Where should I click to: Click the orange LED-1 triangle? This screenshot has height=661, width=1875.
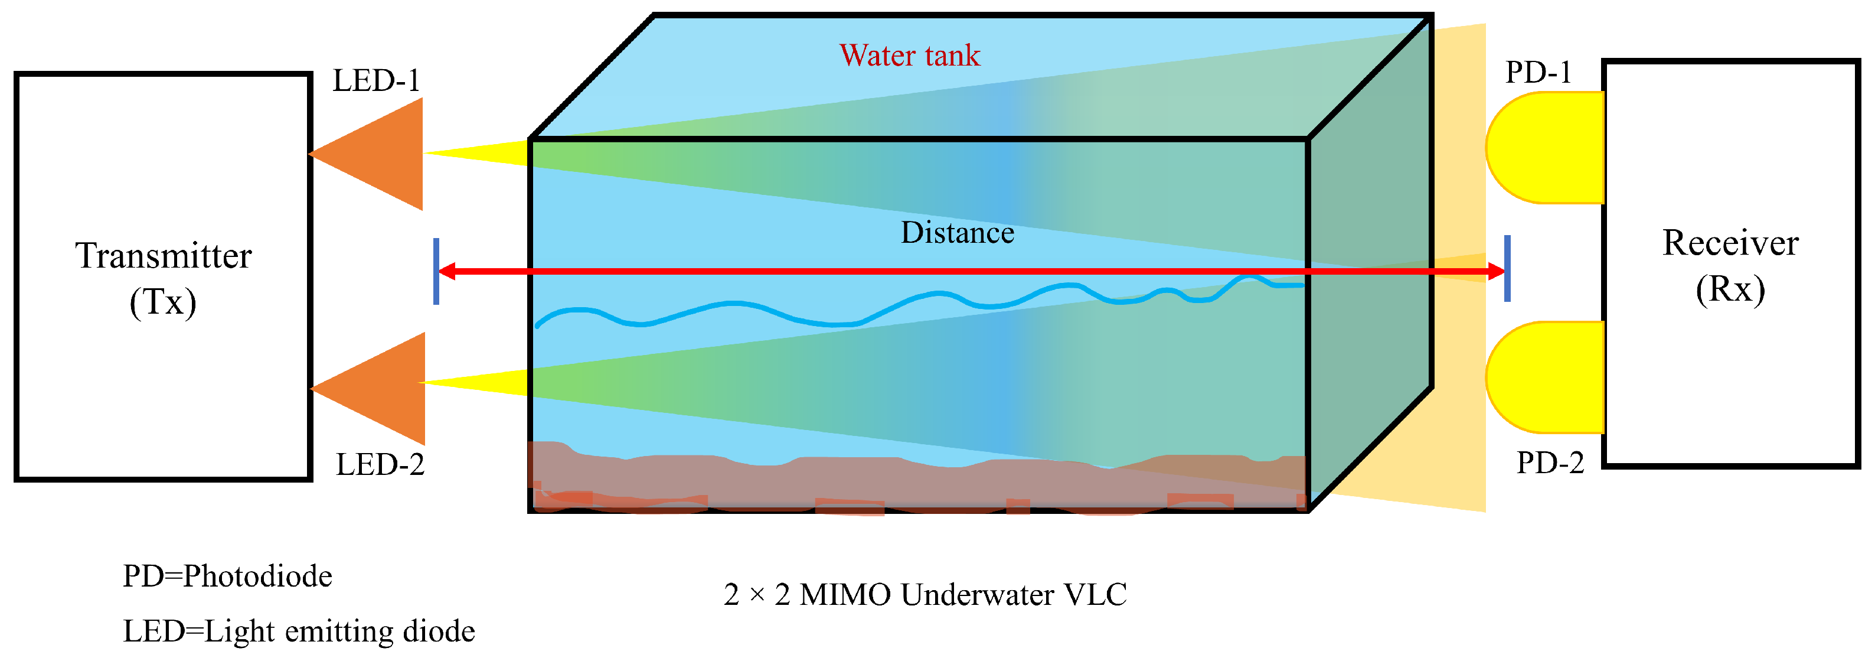382,154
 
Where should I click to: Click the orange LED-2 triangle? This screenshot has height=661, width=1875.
384,389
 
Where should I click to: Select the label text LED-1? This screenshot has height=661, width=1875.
376,81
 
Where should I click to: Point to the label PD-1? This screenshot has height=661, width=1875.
1537,72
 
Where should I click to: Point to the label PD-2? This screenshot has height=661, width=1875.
1550,463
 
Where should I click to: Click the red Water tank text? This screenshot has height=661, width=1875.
909,56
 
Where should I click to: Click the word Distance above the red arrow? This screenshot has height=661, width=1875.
957,233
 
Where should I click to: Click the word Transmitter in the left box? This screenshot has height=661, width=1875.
163,256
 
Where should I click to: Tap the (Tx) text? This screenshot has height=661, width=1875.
163,302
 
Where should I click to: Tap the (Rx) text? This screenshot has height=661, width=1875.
1730,289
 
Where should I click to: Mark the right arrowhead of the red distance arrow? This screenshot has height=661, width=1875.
1496,272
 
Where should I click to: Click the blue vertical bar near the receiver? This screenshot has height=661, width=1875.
1507,268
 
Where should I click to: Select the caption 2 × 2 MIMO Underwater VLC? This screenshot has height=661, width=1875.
925,595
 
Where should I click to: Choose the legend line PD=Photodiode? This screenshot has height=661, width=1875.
227,577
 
